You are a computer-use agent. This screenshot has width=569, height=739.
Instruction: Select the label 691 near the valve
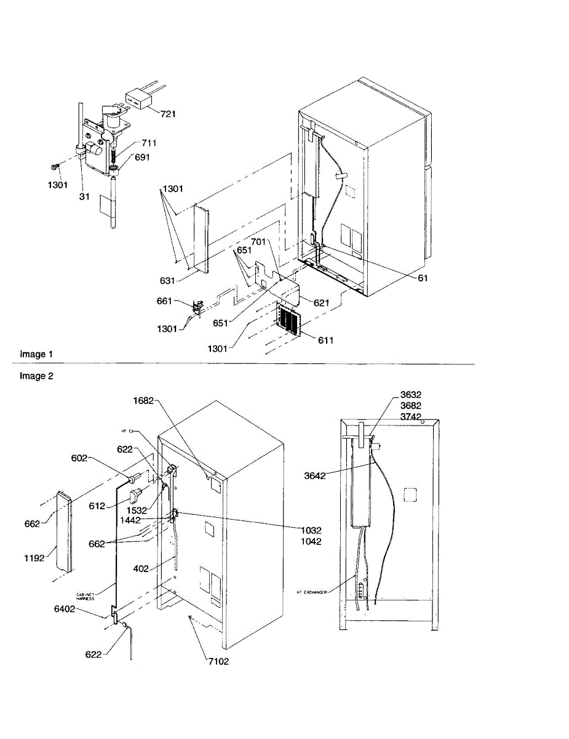(142, 157)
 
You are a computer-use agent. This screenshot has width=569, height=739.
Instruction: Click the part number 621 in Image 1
(320, 303)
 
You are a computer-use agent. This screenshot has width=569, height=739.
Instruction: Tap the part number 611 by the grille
(325, 340)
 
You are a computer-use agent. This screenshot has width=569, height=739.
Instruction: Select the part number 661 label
(165, 301)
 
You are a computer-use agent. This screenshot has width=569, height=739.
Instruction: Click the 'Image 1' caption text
(36, 354)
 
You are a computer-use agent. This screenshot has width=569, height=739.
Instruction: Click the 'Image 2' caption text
(36, 376)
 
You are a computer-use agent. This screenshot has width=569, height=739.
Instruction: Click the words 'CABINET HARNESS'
(86, 596)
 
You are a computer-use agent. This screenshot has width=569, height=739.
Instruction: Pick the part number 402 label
(141, 568)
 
